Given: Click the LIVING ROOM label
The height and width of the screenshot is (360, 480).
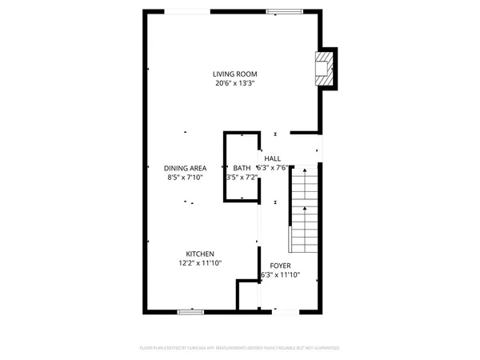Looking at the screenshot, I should pos(234,73).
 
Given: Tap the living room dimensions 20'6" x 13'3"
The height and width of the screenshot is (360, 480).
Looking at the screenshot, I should pos(234,83).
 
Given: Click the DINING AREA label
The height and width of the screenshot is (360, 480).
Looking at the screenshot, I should pos(186,168).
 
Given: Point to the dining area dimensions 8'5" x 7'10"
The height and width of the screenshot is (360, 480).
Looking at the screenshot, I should pos(186,178).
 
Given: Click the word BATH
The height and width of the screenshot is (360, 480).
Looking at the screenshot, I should pos(241,168).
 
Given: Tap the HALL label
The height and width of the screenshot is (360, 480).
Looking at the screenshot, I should pos(272,158).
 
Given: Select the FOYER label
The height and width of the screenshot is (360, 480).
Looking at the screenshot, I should pos(280,265).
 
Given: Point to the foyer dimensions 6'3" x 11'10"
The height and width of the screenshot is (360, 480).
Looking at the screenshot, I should pos(280,275).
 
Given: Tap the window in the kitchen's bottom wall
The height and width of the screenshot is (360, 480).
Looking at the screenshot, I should pos(190,310).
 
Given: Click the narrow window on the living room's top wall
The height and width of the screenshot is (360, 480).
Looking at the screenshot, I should pos(280,11).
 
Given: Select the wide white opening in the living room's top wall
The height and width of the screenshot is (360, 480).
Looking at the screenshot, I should pos(190,11).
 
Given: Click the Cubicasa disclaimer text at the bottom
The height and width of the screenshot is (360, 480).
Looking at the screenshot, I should pos(240,349).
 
